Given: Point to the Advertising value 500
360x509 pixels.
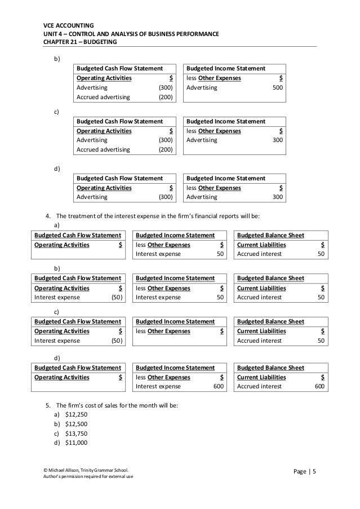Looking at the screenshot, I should (x=277, y=88).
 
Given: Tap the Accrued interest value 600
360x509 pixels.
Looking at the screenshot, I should (x=319, y=386).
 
